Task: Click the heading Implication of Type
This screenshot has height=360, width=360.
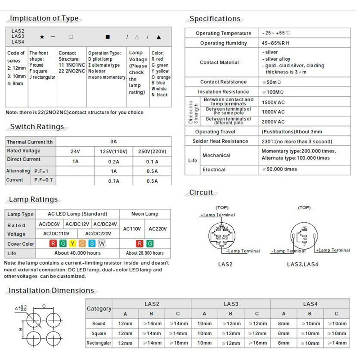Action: (44, 18)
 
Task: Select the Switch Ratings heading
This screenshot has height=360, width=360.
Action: (37, 127)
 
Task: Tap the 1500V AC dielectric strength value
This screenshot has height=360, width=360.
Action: (273, 102)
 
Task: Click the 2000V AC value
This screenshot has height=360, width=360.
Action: (273, 121)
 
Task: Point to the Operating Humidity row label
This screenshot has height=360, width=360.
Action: (224, 43)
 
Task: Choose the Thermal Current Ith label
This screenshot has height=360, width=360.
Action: (30, 142)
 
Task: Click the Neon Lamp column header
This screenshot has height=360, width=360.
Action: (145, 214)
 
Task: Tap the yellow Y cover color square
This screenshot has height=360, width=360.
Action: (72, 243)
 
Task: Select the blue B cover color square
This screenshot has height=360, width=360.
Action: (92, 243)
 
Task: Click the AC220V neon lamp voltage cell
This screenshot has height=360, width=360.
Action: (158, 229)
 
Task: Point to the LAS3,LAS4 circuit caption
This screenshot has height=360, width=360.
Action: (302, 264)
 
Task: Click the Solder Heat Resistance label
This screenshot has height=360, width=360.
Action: (221, 141)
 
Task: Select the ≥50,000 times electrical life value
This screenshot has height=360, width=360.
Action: (279, 170)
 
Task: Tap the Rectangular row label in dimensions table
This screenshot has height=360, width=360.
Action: (99, 343)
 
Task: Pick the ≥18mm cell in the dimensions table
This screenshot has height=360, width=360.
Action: (178, 343)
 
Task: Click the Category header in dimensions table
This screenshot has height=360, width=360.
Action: (99, 309)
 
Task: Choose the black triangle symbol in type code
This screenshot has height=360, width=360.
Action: (159, 37)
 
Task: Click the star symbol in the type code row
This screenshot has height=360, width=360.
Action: (42, 37)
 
